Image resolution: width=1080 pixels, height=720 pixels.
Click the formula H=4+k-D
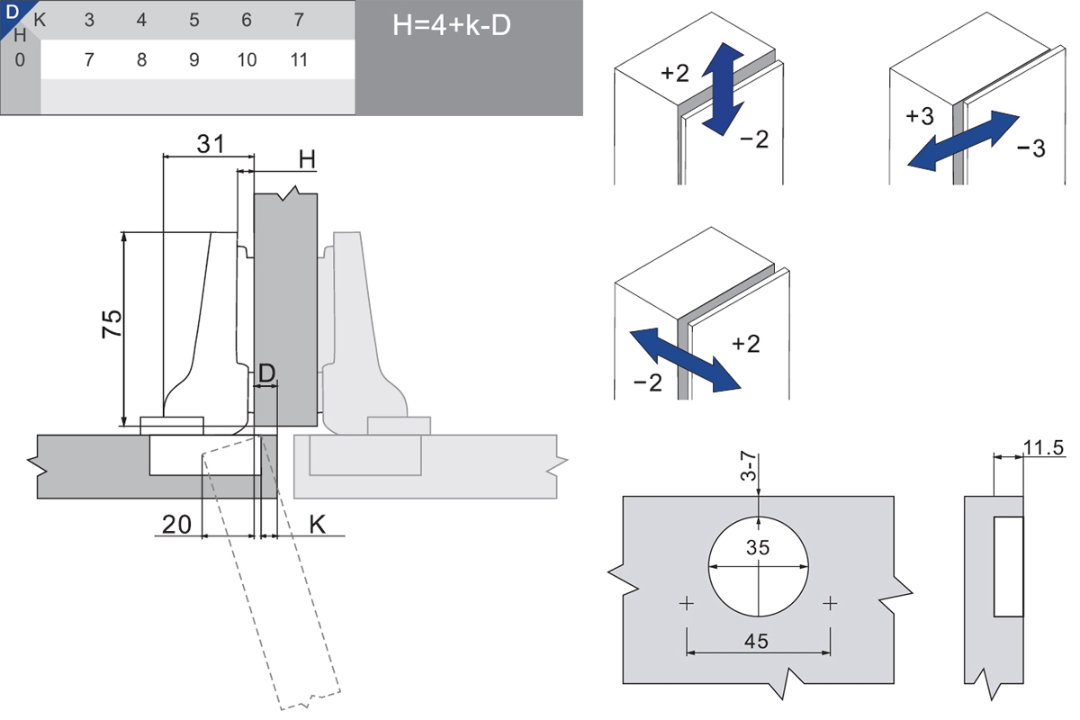click(452, 24)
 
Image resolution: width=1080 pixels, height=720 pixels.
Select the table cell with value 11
click(300, 60)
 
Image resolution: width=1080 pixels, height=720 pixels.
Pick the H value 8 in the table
click(141, 60)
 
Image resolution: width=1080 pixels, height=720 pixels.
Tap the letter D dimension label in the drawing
click(265, 372)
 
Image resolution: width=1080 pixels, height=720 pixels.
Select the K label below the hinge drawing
click(317, 523)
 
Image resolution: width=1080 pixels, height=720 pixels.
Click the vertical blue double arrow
click(724, 92)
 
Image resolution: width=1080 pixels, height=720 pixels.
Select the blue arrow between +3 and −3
click(962, 140)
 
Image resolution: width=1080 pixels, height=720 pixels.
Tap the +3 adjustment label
click(920, 116)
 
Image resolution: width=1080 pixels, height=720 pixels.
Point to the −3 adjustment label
click(1031, 148)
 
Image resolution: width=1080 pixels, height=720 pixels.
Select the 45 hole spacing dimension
click(758, 641)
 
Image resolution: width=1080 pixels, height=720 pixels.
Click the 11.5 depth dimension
click(1044, 446)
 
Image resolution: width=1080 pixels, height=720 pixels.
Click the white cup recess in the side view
click(1008, 566)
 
